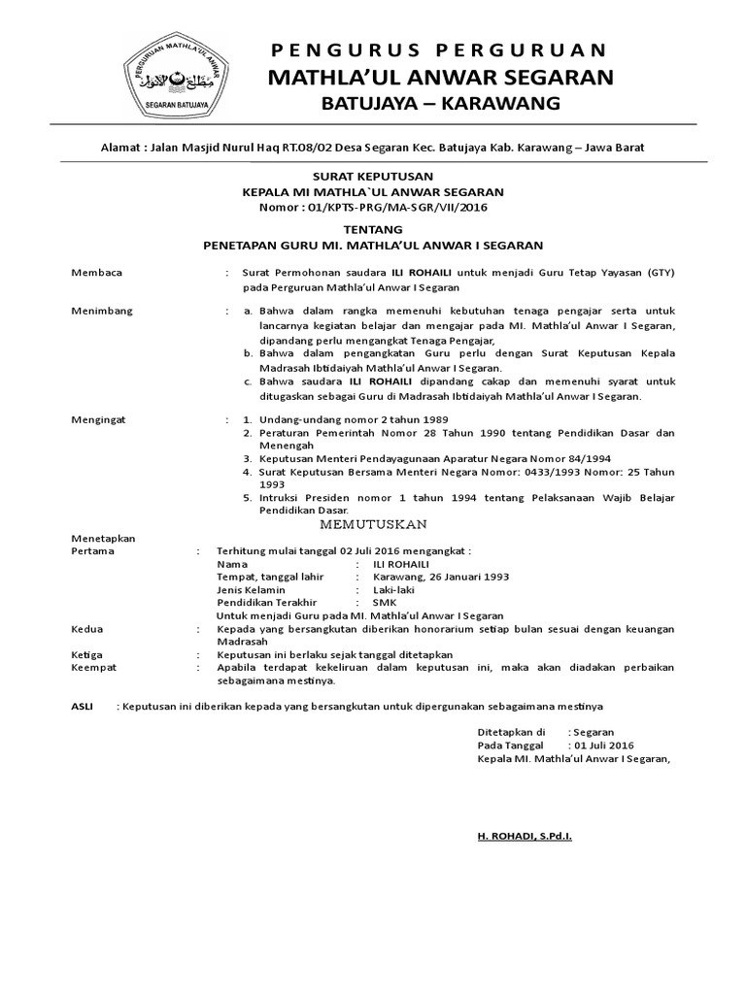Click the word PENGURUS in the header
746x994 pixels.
coord(330,50)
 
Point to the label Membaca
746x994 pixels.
coord(97,274)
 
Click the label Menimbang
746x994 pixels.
coord(102,311)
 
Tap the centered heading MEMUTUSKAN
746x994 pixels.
coord(375,524)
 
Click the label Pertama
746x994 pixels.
coord(93,550)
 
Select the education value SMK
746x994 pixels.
coord(385,602)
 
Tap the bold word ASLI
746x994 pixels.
coord(83,707)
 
